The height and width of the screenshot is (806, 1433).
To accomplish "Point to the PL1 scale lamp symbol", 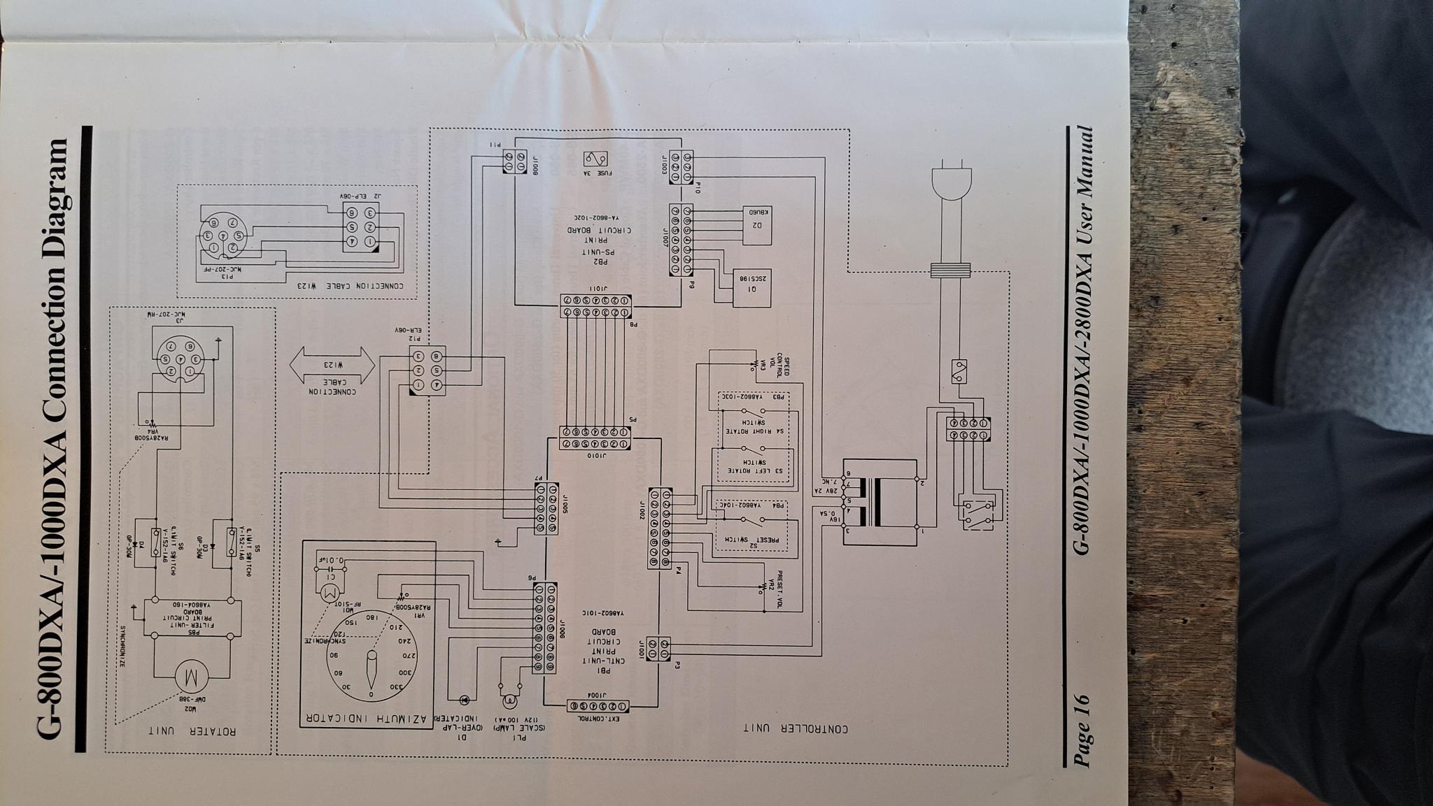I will point(510,700).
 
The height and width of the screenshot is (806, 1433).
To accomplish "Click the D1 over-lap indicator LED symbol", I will point(463,699).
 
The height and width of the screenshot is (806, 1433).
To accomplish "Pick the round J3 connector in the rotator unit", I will point(178,359).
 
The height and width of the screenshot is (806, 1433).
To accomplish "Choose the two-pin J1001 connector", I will point(660,648).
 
